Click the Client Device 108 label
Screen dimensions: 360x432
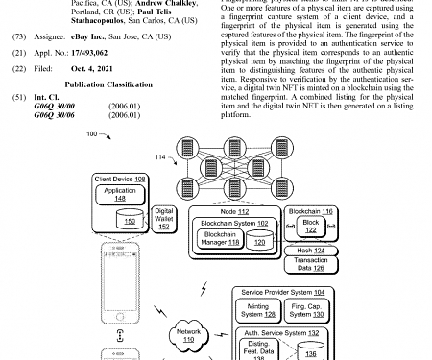pyautogui.click(x=119, y=179)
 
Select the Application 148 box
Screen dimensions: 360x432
pyautogui.click(x=121, y=194)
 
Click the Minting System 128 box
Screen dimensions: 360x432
pyautogui.click(x=255, y=311)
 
